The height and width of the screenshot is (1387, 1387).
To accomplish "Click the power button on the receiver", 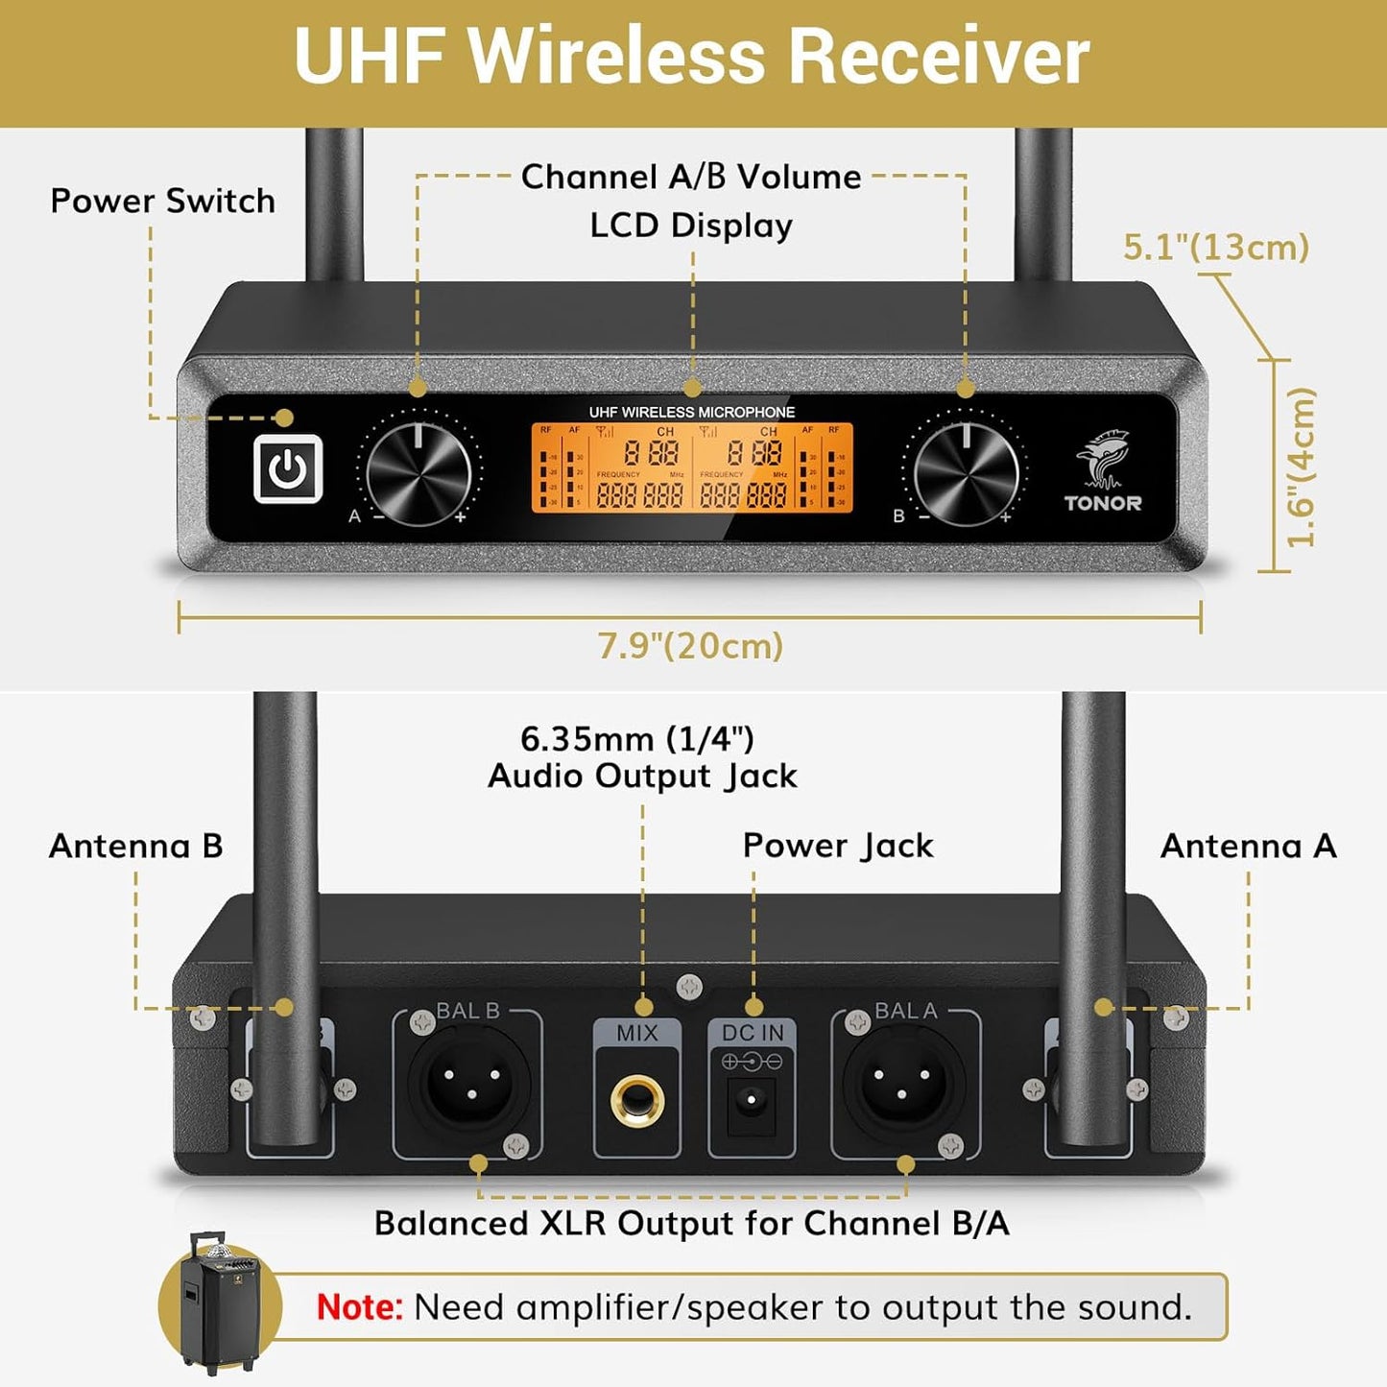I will [287, 468].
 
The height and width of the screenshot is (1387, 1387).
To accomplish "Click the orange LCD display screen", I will [692, 468].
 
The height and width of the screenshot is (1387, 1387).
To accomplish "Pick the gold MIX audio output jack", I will [637, 1101].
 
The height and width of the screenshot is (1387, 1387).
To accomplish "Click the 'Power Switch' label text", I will [162, 202].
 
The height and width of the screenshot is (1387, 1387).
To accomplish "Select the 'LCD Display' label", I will [691, 227].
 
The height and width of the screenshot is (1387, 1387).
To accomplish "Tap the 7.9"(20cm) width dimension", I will [690, 646].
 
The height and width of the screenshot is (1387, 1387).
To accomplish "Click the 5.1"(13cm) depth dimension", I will [1216, 248].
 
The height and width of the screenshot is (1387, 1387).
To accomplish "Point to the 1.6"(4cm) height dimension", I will [1302, 467].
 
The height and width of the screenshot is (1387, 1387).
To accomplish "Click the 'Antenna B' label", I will [135, 847].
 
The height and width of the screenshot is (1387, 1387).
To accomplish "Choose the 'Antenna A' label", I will [1248, 847].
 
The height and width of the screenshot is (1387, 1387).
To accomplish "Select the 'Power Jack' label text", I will [837, 846].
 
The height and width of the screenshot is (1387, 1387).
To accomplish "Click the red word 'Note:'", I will [360, 1307].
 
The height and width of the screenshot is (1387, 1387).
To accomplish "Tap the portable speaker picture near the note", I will [220, 1303].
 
